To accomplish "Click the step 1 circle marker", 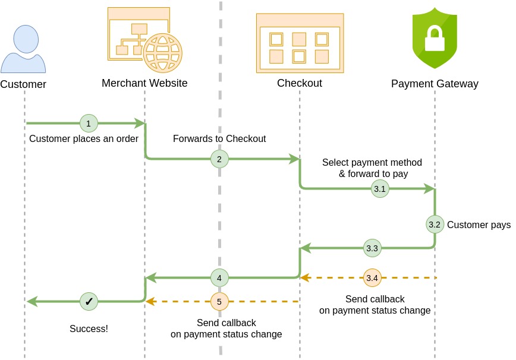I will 89,124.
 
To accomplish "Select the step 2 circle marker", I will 219,159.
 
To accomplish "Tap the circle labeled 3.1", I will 380,189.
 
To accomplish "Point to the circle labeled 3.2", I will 435,225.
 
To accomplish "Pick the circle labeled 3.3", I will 372,248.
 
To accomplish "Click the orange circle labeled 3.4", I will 372,277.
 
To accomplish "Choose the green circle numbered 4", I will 219,277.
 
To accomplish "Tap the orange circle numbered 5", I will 219,302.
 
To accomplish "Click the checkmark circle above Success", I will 89,302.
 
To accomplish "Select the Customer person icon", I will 23,49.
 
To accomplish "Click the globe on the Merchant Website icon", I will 162,52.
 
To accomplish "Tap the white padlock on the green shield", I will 435,39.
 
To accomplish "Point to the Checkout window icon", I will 300,43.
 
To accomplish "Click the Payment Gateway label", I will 435,84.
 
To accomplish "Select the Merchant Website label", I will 144,83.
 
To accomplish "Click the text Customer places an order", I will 84,139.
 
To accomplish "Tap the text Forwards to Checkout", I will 219,139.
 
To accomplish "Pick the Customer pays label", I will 479,225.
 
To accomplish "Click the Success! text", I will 89,328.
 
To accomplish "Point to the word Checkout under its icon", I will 300,83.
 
